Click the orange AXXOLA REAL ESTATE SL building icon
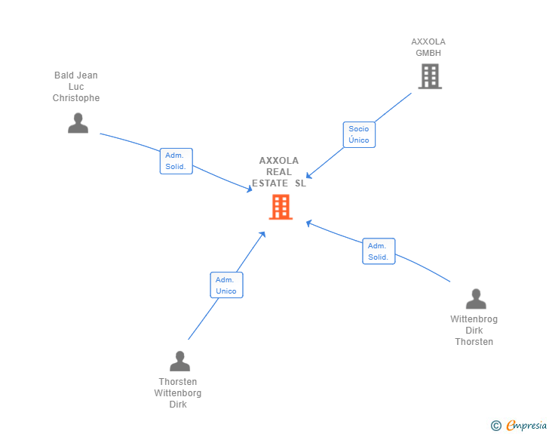click(x=281, y=207)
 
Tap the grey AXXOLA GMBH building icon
click(x=430, y=76)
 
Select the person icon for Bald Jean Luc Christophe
click(x=78, y=123)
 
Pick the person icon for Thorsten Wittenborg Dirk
click(x=179, y=362)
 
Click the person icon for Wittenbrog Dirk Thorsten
click(x=476, y=300)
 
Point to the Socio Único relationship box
click(x=359, y=134)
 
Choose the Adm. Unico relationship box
click(x=226, y=285)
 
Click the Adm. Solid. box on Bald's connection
click(x=176, y=161)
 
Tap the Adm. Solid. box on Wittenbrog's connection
click(x=379, y=251)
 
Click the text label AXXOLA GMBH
click(x=428, y=48)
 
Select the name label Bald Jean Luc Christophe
click(x=76, y=87)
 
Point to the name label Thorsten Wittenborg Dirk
click(x=178, y=393)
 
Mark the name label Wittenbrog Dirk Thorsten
click(x=474, y=331)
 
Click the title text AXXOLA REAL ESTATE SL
click(x=279, y=172)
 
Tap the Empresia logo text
click(x=526, y=426)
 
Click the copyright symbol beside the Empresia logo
click(x=496, y=426)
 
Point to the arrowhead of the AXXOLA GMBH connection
click(x=308, y=177)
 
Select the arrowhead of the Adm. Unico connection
click(x=262, y=234)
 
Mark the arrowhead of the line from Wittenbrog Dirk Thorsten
click(x=308, y=222)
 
